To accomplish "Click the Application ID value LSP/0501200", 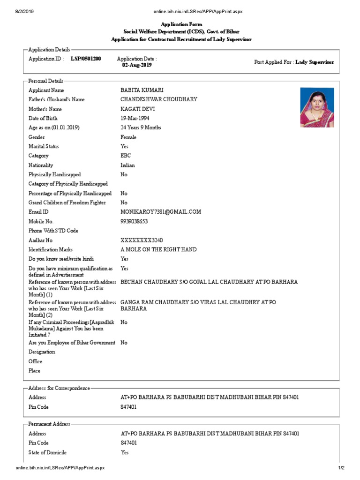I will point(86,59).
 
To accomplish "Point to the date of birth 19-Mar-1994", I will point(135,118).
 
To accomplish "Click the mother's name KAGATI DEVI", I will point(138,109).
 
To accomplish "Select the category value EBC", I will point(126,156).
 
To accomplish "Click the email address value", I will point(161,212).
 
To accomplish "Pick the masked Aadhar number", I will point(142,240).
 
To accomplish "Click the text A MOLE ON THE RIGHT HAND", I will point(158,249).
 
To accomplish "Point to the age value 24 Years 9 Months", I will point(141,127).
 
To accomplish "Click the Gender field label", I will point(37,137).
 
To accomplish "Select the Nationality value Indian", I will point(127,165).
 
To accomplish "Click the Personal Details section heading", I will point(46,81).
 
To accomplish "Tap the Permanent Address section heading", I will point(49,424).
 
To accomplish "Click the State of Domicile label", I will point(47,452).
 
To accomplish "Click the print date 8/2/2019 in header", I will point(24,11).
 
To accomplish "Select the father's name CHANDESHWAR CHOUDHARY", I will point(159,99).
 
